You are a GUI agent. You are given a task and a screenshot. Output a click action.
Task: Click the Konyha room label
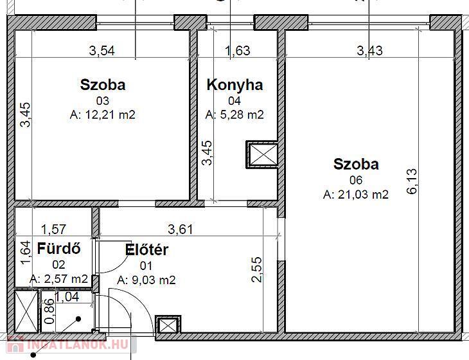point(234,85)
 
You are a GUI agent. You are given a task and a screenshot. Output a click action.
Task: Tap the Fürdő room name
point(58,249)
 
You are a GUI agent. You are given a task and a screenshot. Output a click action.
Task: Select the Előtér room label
point(146,250)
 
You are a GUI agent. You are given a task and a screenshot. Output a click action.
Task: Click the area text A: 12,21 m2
point(103,114)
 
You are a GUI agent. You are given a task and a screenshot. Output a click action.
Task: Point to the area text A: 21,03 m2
point(356,195)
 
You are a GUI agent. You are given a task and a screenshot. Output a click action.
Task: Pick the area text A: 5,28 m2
point(234,114)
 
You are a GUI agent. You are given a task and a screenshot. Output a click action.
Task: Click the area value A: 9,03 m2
point(146,280)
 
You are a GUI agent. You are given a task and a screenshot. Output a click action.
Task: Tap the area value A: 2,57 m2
point(59,279)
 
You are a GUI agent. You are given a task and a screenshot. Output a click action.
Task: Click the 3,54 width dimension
point(102,51)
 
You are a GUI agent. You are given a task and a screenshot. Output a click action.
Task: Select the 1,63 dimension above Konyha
point(238,51)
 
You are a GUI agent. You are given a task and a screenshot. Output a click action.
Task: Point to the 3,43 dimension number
point(370,51)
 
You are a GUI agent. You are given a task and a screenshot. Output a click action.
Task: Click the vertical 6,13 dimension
point(412,181)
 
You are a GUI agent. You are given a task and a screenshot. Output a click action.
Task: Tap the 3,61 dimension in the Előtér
point(181,230)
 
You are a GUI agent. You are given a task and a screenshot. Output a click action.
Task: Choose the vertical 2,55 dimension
point(257,269)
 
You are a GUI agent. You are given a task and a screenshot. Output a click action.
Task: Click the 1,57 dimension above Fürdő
point(53,230)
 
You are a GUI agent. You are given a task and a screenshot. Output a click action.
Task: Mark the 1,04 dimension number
point(67,297)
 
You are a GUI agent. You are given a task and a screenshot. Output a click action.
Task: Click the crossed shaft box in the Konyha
point(262,154)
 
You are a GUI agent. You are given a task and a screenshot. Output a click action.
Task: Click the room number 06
point(356,180)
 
